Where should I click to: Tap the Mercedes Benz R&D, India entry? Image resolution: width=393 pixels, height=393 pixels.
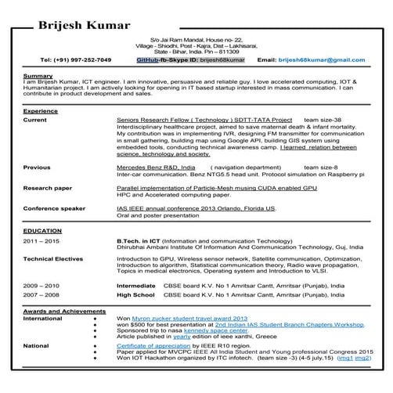point(156,168)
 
